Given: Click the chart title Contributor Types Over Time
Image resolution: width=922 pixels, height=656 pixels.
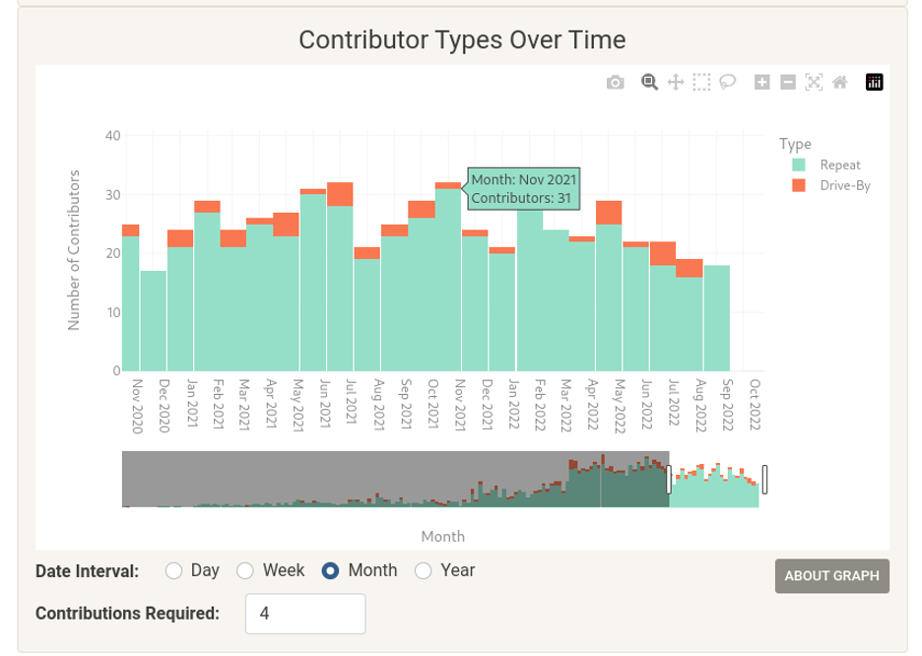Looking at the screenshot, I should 462,40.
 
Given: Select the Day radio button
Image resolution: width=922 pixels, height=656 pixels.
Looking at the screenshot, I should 174,570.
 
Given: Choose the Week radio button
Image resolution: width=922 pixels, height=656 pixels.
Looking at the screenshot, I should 245,570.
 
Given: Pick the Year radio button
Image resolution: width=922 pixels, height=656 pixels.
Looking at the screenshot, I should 424,570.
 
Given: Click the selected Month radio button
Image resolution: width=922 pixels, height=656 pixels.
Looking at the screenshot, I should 331,570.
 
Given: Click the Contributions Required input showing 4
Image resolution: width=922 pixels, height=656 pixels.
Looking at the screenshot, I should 304,614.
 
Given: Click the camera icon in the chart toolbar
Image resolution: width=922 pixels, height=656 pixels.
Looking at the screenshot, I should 615,83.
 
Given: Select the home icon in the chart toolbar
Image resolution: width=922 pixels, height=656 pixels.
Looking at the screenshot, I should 839,83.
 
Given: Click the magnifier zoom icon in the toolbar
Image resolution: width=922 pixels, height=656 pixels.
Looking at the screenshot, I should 649,83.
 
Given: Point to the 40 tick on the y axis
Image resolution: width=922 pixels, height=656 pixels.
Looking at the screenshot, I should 112,136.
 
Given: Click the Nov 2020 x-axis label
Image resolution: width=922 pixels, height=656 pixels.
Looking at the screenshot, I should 137,406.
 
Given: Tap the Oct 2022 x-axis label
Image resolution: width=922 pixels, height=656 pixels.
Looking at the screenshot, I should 755,406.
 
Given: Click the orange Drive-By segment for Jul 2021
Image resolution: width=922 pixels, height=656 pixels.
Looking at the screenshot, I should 340,194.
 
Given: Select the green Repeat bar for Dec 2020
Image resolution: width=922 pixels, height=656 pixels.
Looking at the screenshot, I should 153,320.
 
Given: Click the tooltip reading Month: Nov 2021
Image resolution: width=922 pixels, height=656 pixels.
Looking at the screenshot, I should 523,188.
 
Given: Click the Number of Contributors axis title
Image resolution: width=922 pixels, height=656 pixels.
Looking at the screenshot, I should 73,249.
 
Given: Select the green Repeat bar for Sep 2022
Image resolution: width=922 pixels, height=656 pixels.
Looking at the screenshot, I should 717,317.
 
